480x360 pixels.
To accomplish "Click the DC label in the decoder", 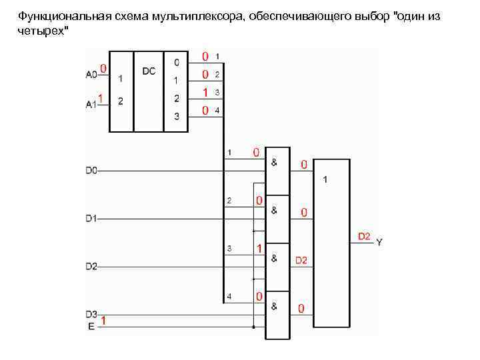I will [x=149, y=71].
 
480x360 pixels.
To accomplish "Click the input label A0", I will [x=91, y=75].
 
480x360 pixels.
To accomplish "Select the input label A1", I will [x=91, y=103].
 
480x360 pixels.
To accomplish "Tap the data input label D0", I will [x=91, y=171].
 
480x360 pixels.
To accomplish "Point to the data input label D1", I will [x=91, y=218].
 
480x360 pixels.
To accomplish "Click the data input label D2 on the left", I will [x=91, y=267].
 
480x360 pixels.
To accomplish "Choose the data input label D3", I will [x=91, y=314].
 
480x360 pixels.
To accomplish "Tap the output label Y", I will [x=379, y=243].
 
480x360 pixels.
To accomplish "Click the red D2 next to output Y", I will [x=364, y=236].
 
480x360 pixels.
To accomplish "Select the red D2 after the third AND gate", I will [x=301, y=260].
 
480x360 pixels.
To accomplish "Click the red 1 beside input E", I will [x=103, y=321].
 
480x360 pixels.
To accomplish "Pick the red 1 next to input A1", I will [x=100, y=99].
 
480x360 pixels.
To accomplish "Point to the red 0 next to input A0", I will [x=103, y=68].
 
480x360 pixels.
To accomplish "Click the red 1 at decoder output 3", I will [x=206, y=91].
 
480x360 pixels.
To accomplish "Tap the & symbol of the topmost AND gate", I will [x=275, y=162].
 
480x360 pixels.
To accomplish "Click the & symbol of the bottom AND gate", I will [x=275, y=306].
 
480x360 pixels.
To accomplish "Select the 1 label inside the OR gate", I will [x=325, y=180].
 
